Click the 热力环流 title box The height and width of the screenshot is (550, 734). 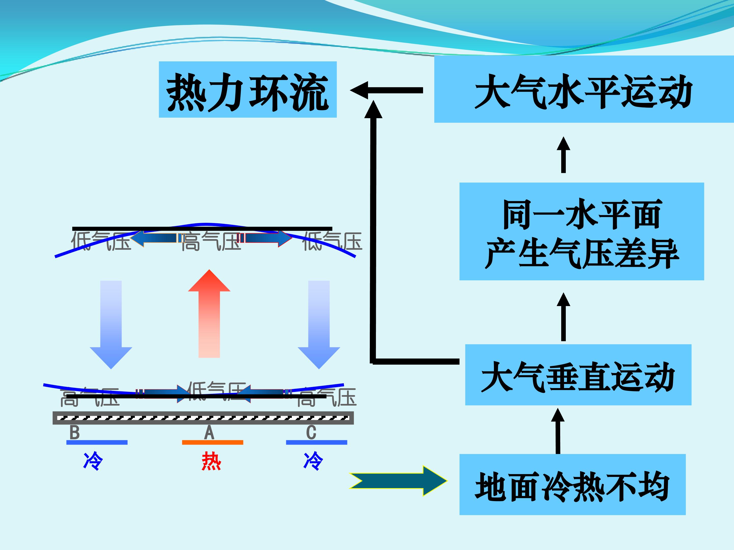[x=247, y=90]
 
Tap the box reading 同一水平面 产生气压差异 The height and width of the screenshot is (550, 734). [x=581, y=231]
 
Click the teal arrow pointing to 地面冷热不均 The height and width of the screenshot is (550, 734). [x=398, y=481]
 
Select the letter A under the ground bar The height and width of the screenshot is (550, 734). [x=209, y=433]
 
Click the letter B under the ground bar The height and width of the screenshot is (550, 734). [x=75, y=433]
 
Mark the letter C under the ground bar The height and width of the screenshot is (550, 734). [x=311, y=433]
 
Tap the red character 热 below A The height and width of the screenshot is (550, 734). [x=211, y=461]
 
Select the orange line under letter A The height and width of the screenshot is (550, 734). [x=212, y=442]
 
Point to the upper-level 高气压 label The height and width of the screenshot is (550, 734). [x=211, y=241]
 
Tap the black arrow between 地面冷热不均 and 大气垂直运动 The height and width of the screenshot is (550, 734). [x=558, y=431]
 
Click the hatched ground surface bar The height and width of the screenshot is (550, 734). [x=203, y=418]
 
